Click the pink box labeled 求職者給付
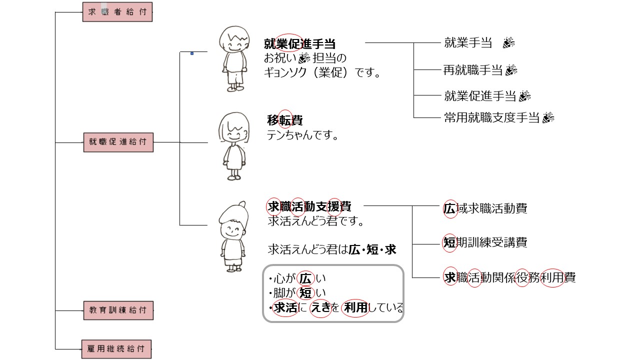pos(117,12)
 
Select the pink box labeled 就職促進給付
pos(118,142)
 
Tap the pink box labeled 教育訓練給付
pos(118,310)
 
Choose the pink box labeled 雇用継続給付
pos(116,348)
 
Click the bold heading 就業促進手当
pos(299,43)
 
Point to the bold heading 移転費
pos(285,120)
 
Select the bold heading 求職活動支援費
pos(309,206)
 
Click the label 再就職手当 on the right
pos(472,70)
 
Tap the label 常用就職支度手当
pos(492,118)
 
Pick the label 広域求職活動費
pos(485,208)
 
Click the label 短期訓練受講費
pos(485,242)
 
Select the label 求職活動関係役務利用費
pos(509,277)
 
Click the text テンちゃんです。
pos(303,135)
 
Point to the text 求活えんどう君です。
pos(315,220)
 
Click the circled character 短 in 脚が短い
pos(305,292)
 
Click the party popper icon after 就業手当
pos(508,43)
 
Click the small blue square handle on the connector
pos(192,52)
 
